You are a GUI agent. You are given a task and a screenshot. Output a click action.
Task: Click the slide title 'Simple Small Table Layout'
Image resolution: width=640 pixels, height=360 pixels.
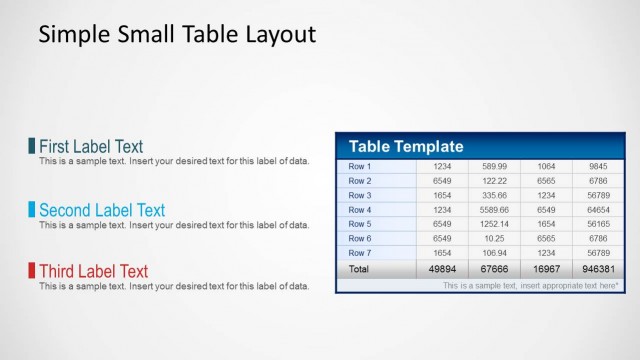pos(177,35)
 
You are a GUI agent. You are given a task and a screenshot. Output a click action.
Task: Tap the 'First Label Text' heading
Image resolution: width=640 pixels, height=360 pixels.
pos(90,147)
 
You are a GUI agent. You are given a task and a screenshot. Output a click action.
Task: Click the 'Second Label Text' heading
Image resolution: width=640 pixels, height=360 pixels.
pos(101,210)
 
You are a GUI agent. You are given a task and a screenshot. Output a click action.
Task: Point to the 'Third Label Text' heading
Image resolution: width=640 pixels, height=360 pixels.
pos(92,271)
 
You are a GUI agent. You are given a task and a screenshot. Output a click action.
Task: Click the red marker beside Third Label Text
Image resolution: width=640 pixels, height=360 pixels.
pos(32,271)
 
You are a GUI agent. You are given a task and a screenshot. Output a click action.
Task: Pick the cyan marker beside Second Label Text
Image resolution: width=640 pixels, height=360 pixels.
pos(32,210)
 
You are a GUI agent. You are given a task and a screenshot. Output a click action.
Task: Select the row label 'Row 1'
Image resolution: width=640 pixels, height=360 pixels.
pos(360,166)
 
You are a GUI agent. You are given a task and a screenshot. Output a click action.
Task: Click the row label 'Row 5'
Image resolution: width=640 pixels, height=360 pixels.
pos(360,224)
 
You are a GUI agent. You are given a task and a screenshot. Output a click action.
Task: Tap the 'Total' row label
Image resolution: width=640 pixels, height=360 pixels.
pos(358,269)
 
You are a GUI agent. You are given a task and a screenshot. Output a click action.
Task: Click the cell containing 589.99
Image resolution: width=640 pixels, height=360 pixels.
pos(494,166)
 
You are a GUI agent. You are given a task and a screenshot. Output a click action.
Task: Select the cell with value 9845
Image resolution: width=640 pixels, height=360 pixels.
pos(598,166)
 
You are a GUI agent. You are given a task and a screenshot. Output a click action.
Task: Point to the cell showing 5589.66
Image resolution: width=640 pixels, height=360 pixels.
pos(494,210)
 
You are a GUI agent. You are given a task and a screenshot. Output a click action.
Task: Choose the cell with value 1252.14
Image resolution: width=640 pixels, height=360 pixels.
pos(494,224)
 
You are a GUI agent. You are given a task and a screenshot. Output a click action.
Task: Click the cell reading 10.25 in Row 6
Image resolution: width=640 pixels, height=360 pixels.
pos(494,239)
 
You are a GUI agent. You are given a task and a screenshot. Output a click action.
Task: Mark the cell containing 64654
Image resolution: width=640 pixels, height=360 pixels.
pos(598,210)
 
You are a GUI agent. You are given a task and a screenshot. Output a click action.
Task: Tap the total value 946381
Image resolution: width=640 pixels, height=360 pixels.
pos(598,269)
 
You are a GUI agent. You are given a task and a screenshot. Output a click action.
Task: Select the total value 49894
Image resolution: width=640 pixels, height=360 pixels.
pos(442,269)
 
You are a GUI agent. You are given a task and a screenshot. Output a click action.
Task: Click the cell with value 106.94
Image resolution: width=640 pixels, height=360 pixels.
pos(494,253)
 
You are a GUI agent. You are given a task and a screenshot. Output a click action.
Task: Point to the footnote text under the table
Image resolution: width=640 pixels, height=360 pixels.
pos(530,285)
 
